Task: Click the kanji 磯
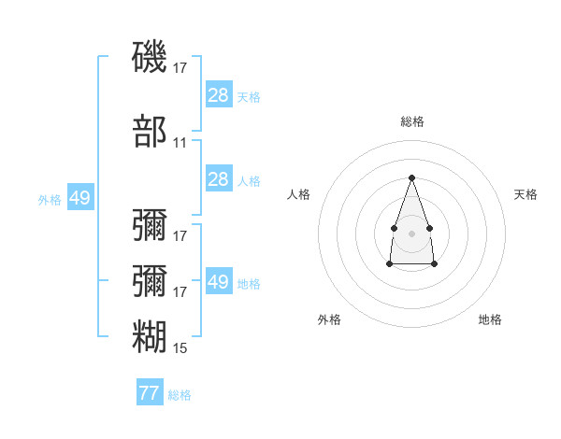pyautogui.click(x=150, y=56)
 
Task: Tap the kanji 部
pyautogui.click(x=150, y=131)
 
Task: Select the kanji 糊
pyautogui.click(x=150, y=336)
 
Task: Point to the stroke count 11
pyautogui.click(x=180, y=143)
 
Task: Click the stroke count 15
pyautogui.click(x=180, y=348)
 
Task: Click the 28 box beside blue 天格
pyautogui.click(x=219, y=94)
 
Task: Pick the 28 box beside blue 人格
pyautogui.click(x=219, y=178)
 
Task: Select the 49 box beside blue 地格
pyautogui.click(x=219, y=280)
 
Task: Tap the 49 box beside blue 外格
pyautogui.click(x=80, y=197)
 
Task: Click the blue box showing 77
pyautogui.click(x=150, y=391)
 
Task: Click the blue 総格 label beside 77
pyautogui.click(x=180, y=395)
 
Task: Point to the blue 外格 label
pyautogui.click(x=50, y=200)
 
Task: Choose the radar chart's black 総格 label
pyautogui.click(x=412, y=121)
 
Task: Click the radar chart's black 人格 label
pyautogui.click(x=298, y=194)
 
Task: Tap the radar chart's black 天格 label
pyautogui.click(x=525, y=194)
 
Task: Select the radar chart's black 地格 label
pyautogui.click(x=490, y=319)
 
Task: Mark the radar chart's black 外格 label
pyautogui.click(x=329, y=319)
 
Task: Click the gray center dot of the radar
pyautogui.click(x=411, y=234)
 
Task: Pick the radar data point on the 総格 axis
pyautogui.click(x=411, y=177)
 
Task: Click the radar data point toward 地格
pyautogui.click(x=434, y=263)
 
